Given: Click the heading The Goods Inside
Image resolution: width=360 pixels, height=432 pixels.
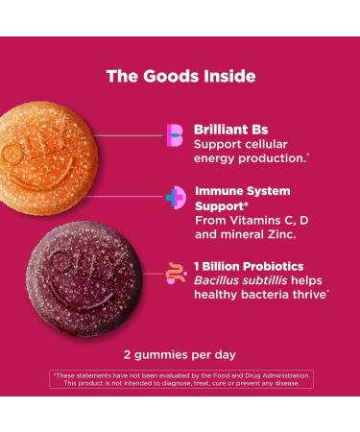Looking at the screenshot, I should (x=180, y=76).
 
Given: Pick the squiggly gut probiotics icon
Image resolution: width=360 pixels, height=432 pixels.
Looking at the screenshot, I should (x=175, y=275).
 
